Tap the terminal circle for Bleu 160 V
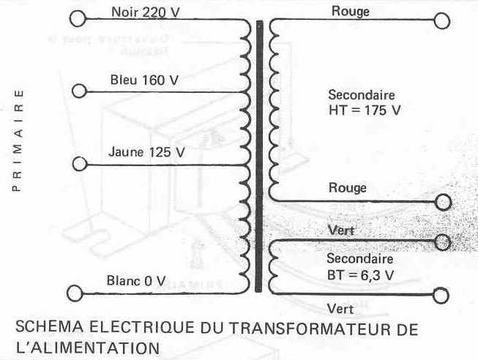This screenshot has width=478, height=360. pos(78,91)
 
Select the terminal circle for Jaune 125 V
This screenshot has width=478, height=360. pos(78,162)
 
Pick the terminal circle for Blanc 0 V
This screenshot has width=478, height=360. pos(75,293)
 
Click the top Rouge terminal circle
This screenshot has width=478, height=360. pos(441,20)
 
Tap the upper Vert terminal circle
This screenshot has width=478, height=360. pos(443,241)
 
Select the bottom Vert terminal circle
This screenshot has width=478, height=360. pos(441,296)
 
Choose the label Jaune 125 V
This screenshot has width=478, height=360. pos(146,153)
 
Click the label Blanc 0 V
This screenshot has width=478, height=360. pos(137,280)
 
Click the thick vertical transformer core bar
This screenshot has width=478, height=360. pos(258,157)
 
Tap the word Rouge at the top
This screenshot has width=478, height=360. pos(350,11)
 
